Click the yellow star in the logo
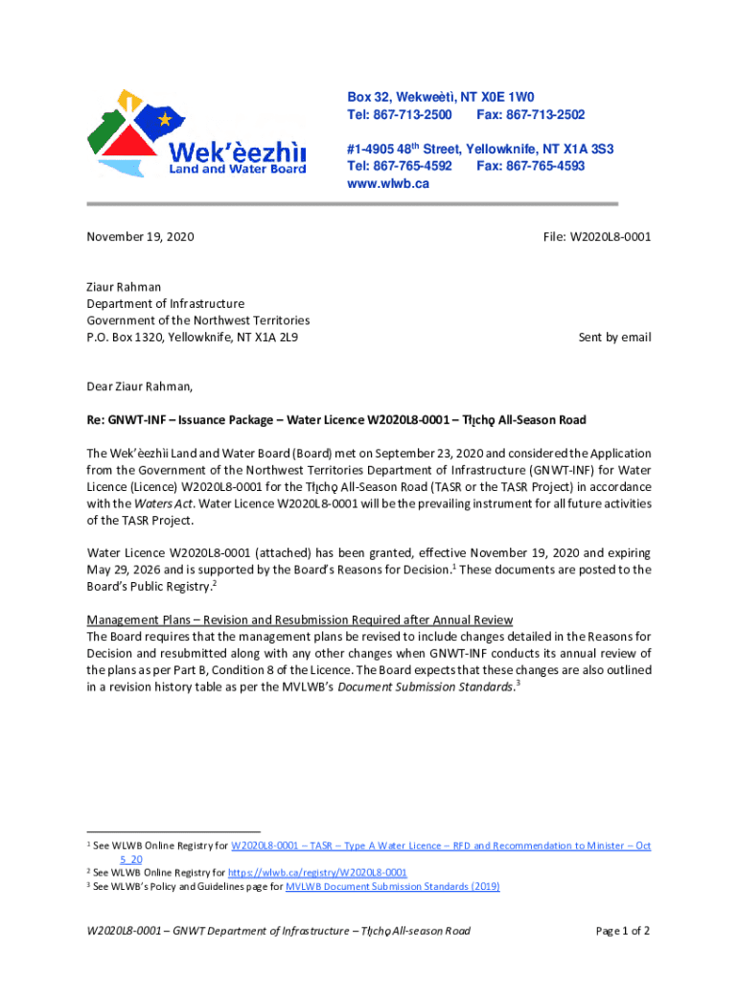165,120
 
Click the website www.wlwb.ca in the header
387,183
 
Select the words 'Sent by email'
614,338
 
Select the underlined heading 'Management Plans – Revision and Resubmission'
300,620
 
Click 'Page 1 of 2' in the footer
622,931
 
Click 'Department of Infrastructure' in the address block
166,304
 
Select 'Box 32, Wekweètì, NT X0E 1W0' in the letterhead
440,98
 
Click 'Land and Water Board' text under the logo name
238,169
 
